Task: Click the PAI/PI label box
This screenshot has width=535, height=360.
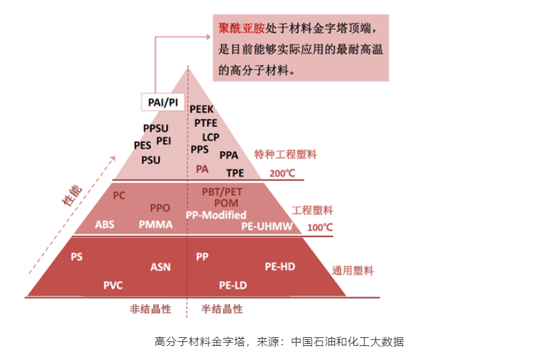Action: click(x=163, y=103)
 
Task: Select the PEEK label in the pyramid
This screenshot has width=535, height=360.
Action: click(x=202, y=109)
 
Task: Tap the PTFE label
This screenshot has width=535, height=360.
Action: click(x=206, y=123)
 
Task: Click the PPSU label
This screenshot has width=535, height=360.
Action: click(x=156, y=128)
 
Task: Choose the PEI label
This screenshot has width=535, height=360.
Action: click(x=163, y=141)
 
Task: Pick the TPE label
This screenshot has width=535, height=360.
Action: click(x=235, y=172)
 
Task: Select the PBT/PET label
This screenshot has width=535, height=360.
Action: click(x=222, y=192)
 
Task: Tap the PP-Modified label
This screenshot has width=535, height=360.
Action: click(x=216, y=214)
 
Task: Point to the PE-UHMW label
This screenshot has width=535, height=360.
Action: click(x=267, y=226)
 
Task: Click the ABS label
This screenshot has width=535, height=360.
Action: click(x=104, y=224)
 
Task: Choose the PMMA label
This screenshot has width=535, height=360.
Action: click(x=156, y=224)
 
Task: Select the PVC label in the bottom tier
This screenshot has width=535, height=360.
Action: click(x=113, y=285)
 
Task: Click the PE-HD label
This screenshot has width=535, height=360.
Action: click(x=280, y=266)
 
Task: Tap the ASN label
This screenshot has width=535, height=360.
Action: click(x=160, y=266)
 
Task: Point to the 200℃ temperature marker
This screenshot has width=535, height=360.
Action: click(x=282, y=173)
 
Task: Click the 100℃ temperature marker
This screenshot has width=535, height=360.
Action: click(x=320, y=227)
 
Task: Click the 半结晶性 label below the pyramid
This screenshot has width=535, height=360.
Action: click(x=222, y=309)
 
